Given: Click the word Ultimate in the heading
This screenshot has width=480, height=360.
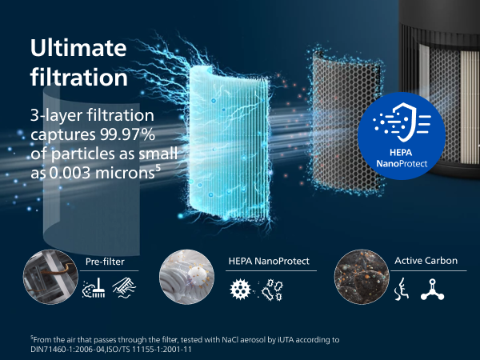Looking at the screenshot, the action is tap(78, 48).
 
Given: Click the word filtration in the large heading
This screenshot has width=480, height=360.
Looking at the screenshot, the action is tap(79, 77).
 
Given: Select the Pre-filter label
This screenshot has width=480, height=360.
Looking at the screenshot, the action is tap(105, 262).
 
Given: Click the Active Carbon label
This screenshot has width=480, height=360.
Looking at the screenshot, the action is tap(426, 261).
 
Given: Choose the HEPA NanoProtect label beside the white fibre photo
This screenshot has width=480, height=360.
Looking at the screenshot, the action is tap(269, 261).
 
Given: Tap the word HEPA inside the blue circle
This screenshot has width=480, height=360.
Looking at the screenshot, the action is tap(401, 152).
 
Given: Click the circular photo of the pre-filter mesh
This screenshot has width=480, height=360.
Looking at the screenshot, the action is tap(50, 277).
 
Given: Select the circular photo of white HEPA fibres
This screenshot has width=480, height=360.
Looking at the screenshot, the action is tap(186, 277).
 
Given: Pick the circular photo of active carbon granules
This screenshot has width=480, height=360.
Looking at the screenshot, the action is tap(362, 277).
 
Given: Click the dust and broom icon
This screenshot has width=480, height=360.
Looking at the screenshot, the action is tap(94, 288).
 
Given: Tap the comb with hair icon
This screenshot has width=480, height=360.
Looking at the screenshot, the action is tap(124, 288).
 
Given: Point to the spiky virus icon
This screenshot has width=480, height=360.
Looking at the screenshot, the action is tap(240, 289).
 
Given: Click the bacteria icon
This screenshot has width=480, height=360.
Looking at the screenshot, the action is tap(273, 290).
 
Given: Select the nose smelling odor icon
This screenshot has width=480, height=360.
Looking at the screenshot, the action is tap(402, 289).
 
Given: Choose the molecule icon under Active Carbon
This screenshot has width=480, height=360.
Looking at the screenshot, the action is tap(432, 290).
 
